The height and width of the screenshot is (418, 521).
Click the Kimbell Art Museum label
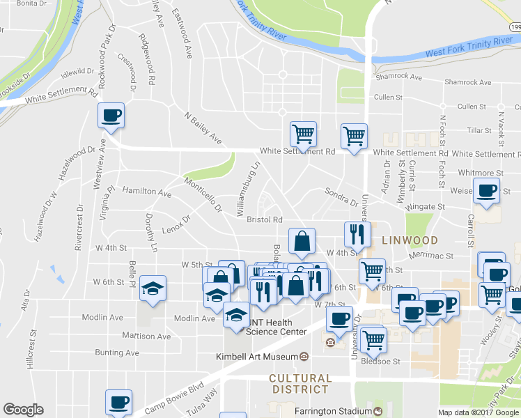[x=261, y=357]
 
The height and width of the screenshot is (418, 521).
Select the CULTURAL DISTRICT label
[x=299, y=383]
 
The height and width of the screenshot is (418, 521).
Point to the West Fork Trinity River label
[x=468, y=47]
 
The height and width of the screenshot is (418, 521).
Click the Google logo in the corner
[x=23, y=410]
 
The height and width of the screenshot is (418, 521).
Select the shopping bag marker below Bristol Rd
[x=302, y=241]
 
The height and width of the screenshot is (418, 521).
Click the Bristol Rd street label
[x=264, y=219]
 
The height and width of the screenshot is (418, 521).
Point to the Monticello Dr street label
[x=203, y=194]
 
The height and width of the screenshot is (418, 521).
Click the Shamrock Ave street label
[x=399, y=77]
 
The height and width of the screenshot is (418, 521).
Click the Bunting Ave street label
[x=117, y=353]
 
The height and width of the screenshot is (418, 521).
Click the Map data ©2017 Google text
[x=479, y=412]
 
